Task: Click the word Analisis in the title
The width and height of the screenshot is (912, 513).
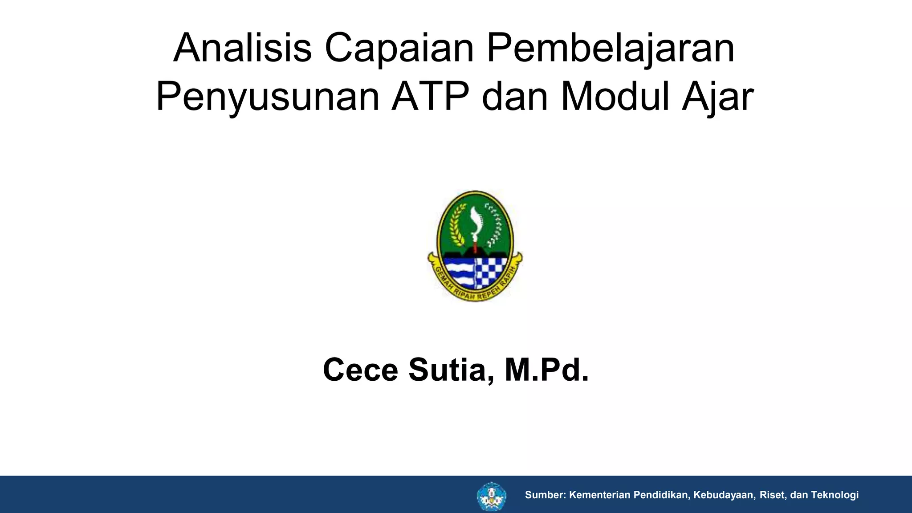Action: [242, 48]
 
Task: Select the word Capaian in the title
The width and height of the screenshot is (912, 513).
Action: [399, 48]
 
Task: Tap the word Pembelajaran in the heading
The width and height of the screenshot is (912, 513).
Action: [610, 48]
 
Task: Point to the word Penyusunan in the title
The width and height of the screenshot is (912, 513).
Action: [267, 97]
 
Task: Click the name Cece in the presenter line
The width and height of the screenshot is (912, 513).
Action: [360, 370]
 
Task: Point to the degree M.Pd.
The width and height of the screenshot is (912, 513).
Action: [547, 370]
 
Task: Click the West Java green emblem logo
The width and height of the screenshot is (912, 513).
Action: [475, 246]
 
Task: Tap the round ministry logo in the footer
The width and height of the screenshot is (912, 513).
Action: [491, 496]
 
